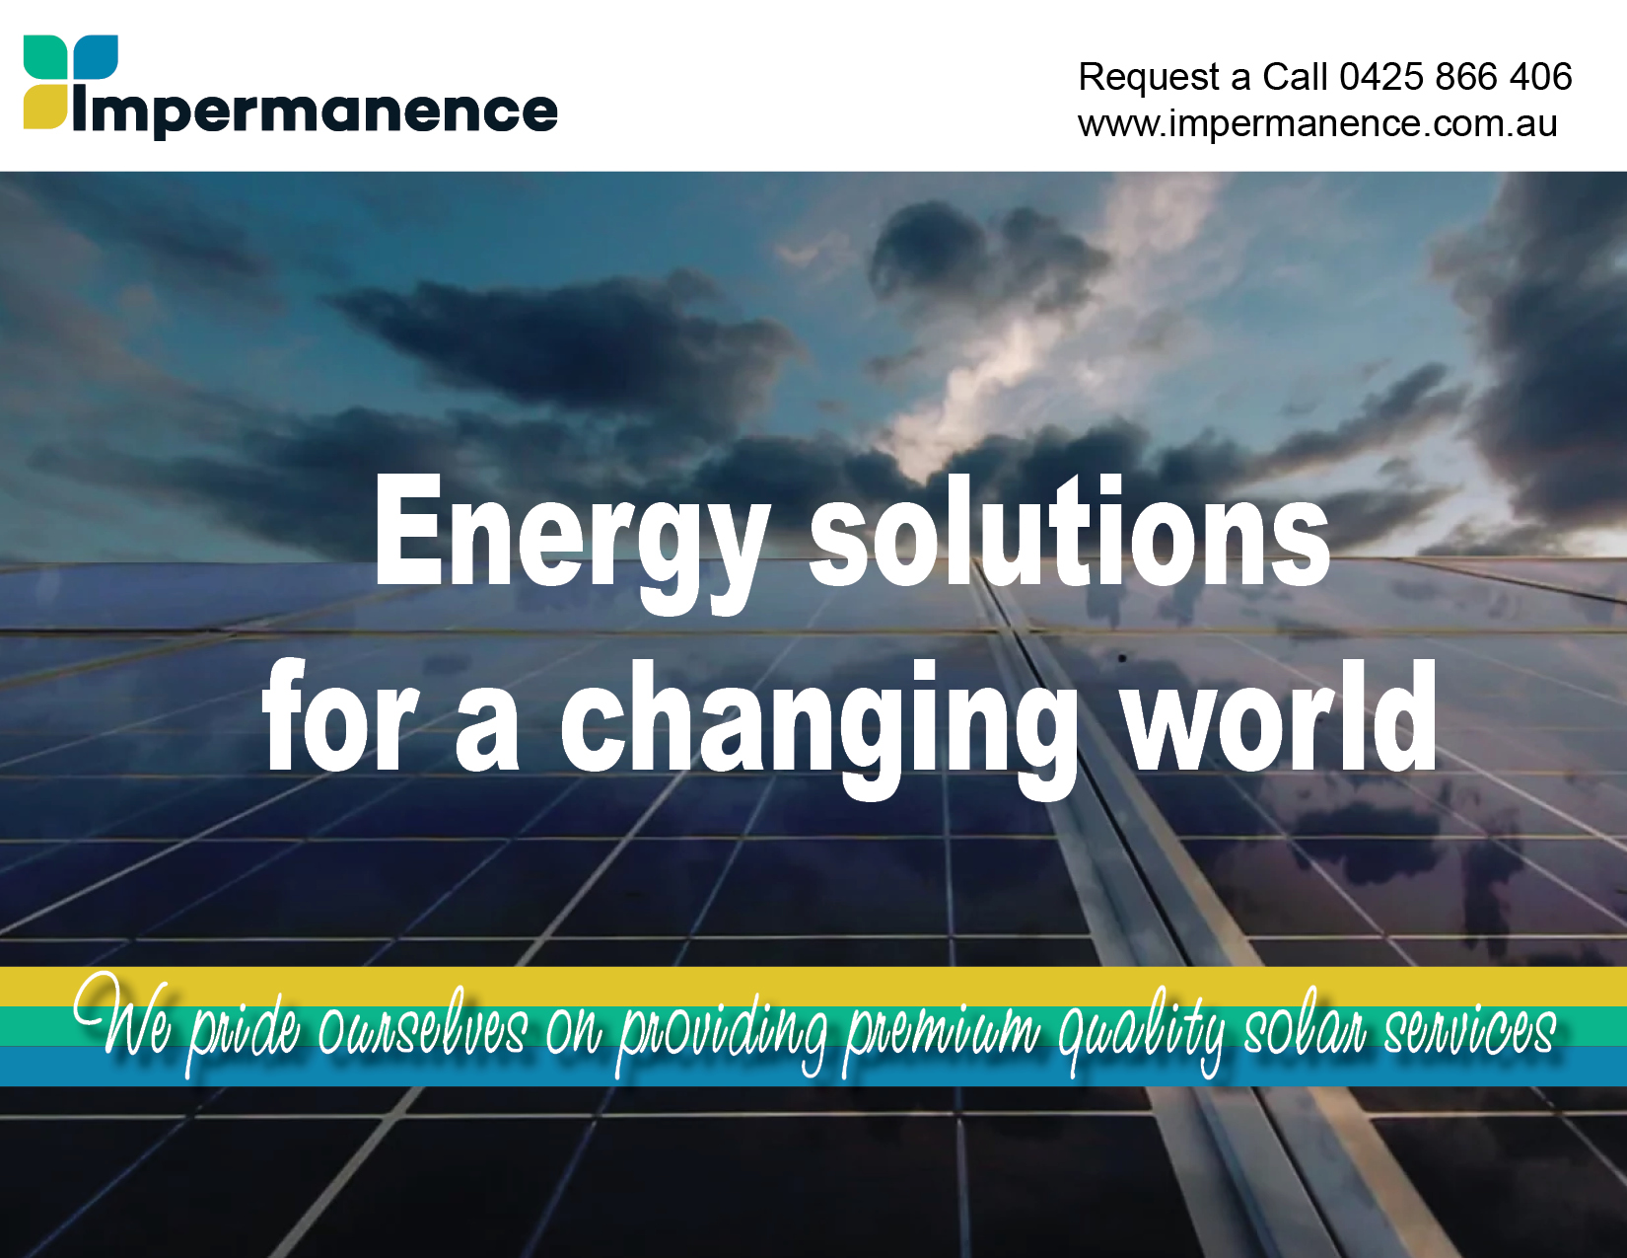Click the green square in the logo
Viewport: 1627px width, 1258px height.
[45, 57]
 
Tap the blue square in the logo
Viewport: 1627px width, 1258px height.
[96, 57]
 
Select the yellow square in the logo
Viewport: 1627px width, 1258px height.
[45, 108]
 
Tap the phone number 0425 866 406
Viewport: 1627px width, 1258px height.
[1455, 76]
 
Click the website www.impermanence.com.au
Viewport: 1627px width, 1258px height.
[1317, 123]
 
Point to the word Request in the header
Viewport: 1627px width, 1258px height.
[1150, 77]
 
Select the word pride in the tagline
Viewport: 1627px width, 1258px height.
[244, 1030]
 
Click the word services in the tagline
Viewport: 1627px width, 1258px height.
[1470, 1025]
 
